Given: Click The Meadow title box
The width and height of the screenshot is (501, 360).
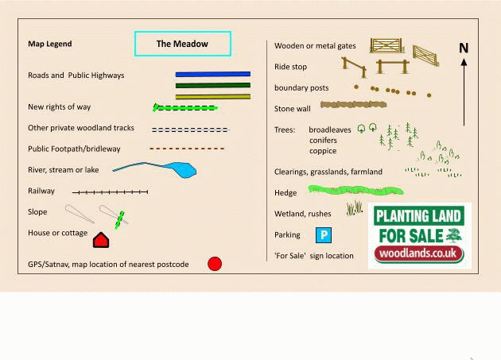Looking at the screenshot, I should tap(182, 45).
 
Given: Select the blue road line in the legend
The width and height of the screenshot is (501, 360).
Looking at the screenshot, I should tap(212, 74).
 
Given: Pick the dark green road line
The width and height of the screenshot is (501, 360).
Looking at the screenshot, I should tap(212, 85).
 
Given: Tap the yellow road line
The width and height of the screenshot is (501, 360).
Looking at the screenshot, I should tap(212, 96).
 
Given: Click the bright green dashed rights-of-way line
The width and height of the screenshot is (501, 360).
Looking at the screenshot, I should tap(186, 107).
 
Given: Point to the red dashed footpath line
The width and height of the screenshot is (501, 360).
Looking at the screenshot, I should tap(187, 149).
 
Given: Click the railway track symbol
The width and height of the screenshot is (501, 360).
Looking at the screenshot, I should tap(110, 192).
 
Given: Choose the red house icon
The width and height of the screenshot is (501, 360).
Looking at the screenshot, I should tap(100, 239).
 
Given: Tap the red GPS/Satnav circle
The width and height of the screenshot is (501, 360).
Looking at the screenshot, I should tap(215, 264).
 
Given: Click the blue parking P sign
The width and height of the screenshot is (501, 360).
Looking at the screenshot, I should tap(324, 234).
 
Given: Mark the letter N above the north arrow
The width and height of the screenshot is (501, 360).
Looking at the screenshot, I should tap(464, 49).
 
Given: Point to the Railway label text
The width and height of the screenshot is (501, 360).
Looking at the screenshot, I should tap(41, 191).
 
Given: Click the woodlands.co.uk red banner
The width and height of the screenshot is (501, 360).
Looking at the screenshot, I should tap(419, 254).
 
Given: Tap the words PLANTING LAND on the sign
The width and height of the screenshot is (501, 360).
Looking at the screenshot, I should tap(419, 215).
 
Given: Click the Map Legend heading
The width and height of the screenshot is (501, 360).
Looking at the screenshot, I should tap(49, 45).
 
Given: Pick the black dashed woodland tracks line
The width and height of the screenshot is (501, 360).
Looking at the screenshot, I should tap(189, 129).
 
